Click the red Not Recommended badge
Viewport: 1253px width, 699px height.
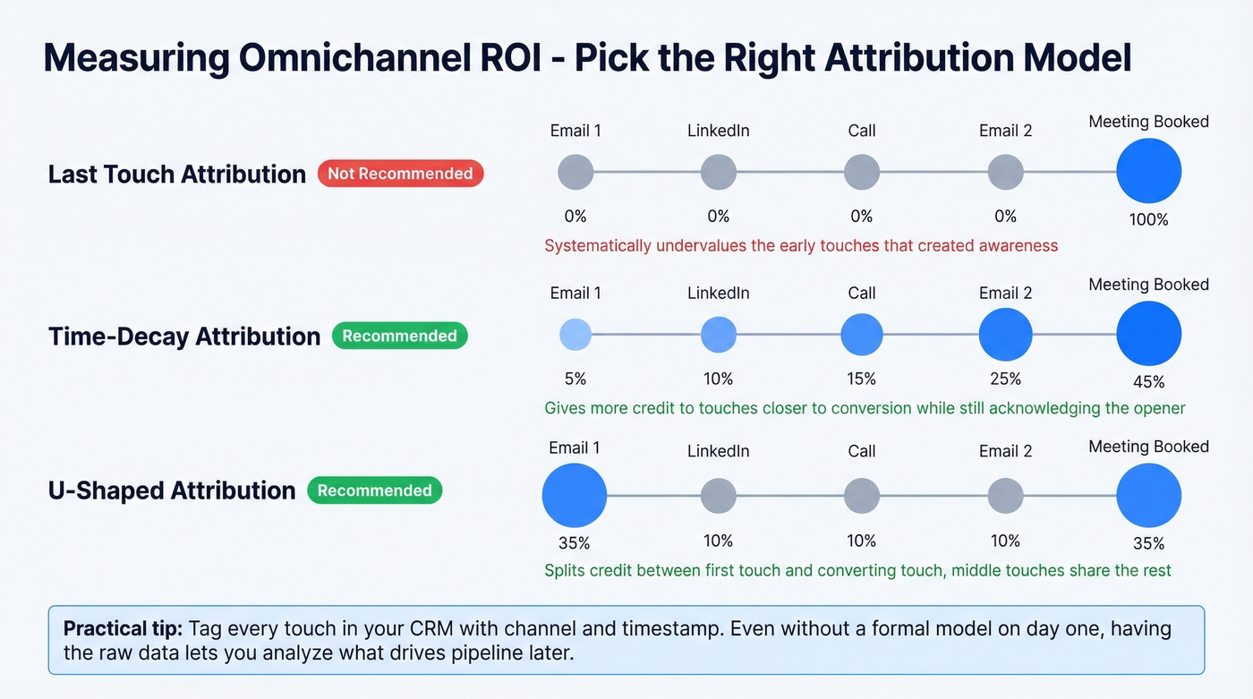pos(400,174)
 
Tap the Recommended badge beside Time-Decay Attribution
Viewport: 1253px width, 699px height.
pos(399,336)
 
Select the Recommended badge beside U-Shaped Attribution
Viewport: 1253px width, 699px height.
pos(374,490)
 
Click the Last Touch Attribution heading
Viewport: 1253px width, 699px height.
pos(177,174)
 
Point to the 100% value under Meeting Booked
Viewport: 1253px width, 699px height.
pos(1148,219)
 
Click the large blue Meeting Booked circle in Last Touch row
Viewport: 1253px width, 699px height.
pos(1148,171)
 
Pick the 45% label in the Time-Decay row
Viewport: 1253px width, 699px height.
pos(1148,382)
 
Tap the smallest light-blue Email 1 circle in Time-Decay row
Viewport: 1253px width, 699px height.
pos(575,335)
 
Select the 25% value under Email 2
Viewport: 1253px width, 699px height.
pos(1005,379)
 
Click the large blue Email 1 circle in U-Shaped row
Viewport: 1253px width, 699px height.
pos(575,494)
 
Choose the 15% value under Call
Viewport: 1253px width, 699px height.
pos(862,379)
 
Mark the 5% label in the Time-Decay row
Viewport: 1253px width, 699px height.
pos(575,379)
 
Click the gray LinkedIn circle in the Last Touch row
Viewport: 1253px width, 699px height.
pos(719,172)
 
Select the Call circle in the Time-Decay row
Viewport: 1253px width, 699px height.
pos(862,335)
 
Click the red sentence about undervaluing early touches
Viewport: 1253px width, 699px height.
pos(801,245)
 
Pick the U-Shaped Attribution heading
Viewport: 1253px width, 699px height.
pos(172,490)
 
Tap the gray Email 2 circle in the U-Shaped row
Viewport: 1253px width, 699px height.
pos(1005,495)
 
